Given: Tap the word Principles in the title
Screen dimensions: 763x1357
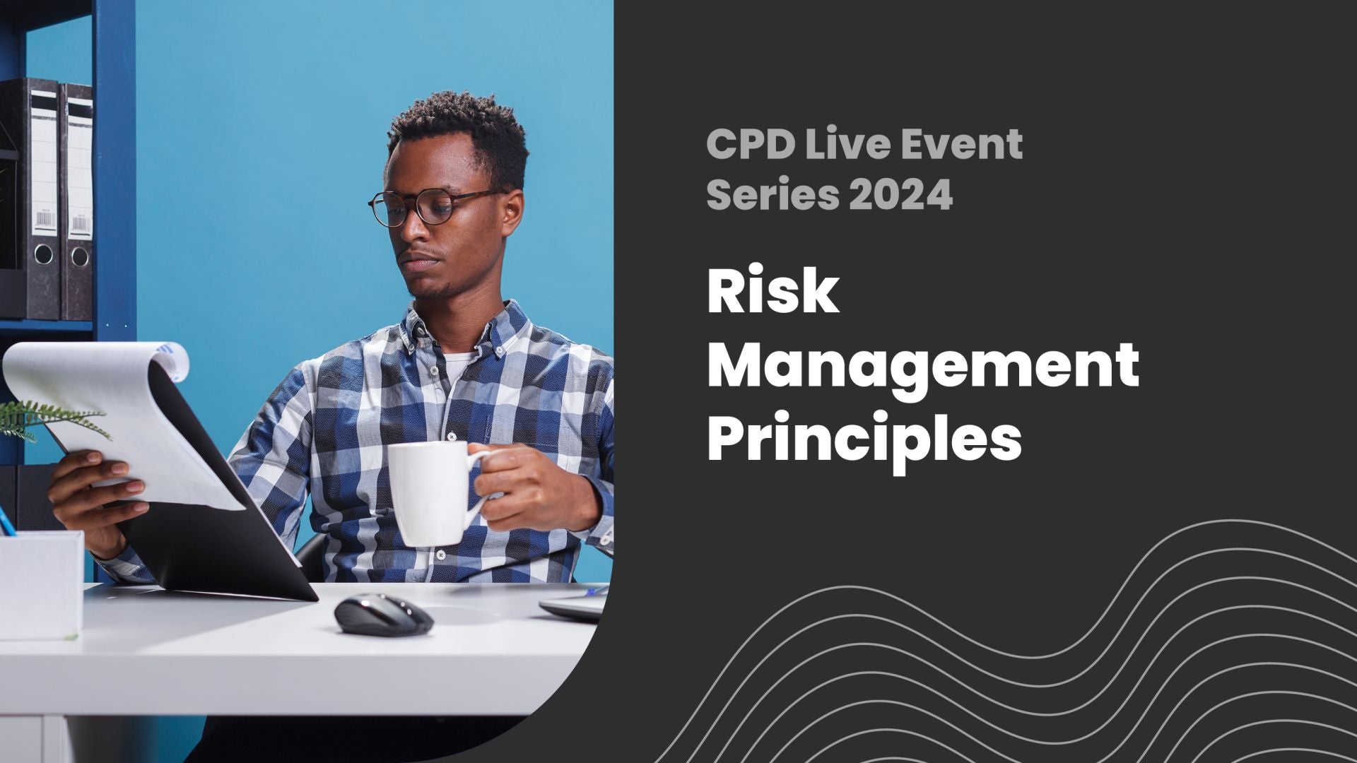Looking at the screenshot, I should tap(864, 436).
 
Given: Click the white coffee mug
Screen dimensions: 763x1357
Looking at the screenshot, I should tap(428, 492).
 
